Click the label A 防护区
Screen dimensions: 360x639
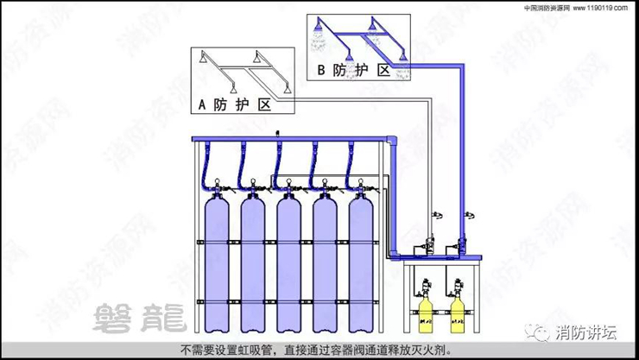pos(235,104)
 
